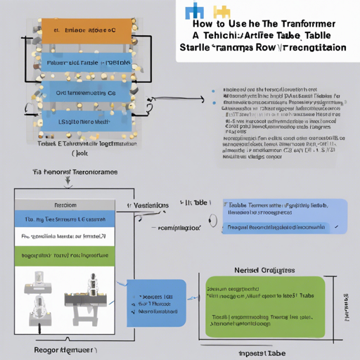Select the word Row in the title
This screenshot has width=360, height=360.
coord(274,48)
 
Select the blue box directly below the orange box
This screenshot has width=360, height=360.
coord(85,63)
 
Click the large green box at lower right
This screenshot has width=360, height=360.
coord(263,307)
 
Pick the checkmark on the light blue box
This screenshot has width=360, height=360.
coord(336,226)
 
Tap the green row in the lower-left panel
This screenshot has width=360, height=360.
coord(65,255)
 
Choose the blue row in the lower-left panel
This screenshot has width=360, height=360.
coord(65,219)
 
